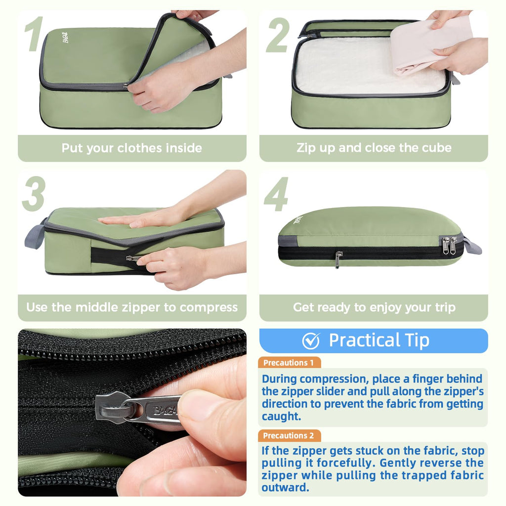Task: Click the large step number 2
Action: [x=278, y=35]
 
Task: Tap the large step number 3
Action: [x=34, y=194]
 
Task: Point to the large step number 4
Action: [x=276, y=194]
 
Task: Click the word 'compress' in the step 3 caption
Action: [x=209, y=307]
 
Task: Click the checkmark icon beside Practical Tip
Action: [x=311, y=341]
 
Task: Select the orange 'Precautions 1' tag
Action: [x=289, y=363]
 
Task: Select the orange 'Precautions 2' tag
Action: [x=289, y=436]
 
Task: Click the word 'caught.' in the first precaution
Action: [x=281, y=417]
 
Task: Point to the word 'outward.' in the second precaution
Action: [x=285, y=487]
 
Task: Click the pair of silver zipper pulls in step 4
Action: [x=449, y=245]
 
